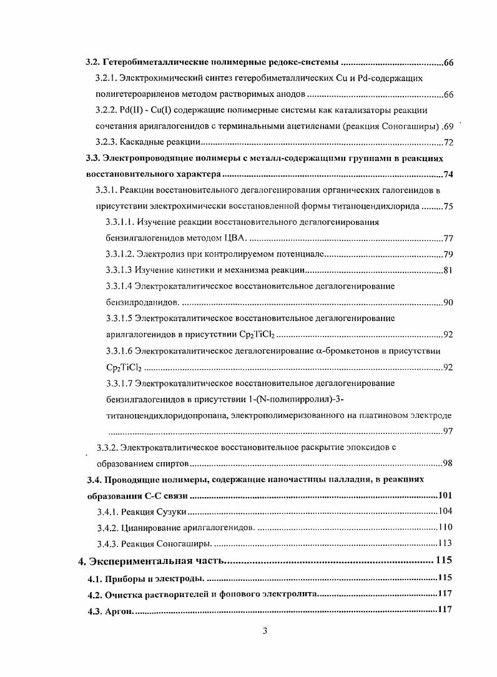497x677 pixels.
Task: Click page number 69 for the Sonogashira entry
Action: (447, 127)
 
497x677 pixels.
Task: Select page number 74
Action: (448, 175)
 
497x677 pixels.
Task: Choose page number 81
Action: (448, 270)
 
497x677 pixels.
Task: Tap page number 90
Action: (448, 303)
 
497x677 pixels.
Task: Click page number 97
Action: (448, 432)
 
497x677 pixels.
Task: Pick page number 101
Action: (445, 496)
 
